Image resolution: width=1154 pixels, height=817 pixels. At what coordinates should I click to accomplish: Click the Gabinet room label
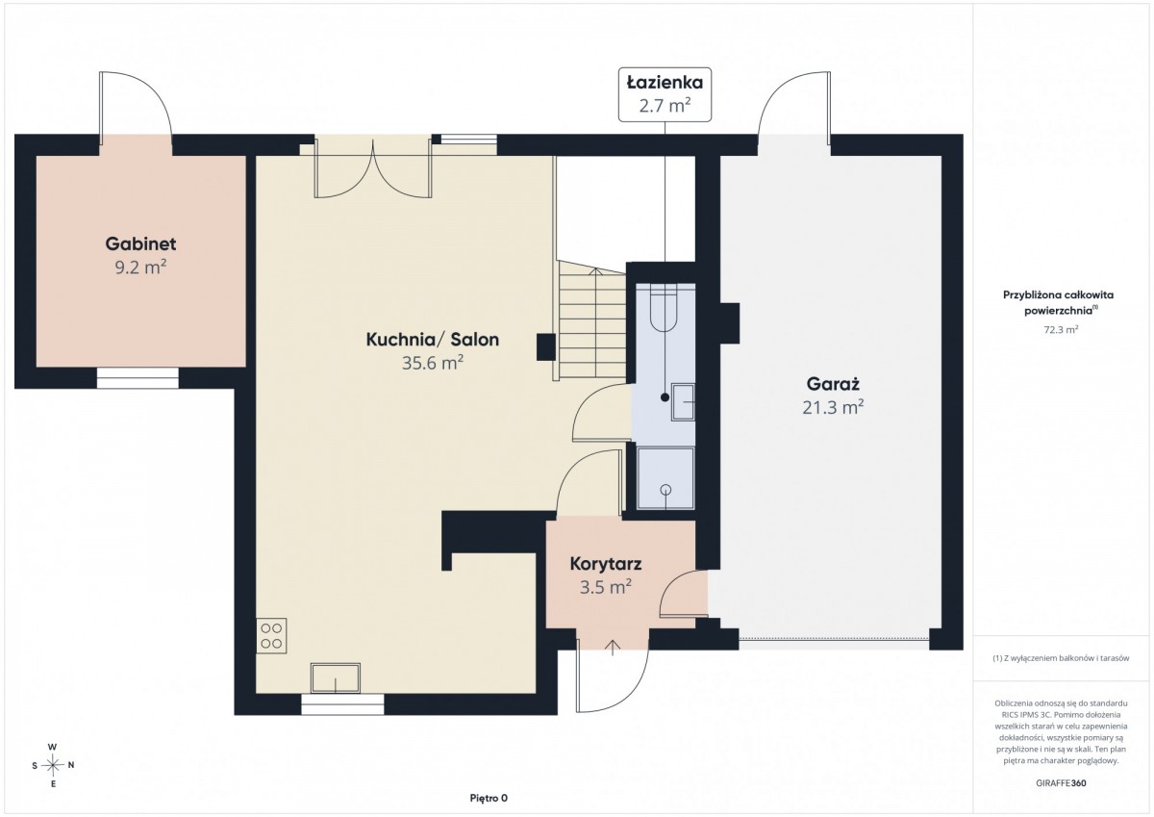pos(140,243)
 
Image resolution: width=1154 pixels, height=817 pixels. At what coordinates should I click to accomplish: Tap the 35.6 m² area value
pos(432,364)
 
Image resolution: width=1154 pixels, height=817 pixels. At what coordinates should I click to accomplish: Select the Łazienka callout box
pos(665,94)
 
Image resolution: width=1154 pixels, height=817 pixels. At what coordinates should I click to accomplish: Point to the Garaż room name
pos(833,384)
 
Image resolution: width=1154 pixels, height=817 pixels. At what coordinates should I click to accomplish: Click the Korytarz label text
pos(606,564)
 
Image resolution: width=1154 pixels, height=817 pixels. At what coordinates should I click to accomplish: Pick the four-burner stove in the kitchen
pos(271,636)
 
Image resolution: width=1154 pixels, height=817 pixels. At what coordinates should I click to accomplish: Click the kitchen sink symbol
pos(335,678)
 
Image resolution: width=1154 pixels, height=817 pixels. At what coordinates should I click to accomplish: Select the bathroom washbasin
pos(683,402)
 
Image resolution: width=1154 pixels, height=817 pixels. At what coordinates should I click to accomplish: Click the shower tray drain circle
pos(666,489)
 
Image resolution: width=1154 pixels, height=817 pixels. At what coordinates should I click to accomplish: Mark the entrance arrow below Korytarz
pos(613,647)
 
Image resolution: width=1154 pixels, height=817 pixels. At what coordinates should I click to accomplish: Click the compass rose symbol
pos(53,765)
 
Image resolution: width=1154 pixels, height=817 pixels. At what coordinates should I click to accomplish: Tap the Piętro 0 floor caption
pos(489,798)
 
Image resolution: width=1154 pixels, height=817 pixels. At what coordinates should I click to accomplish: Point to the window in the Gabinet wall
pos(138,378)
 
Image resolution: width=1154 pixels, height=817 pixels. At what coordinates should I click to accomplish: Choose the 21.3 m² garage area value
pos(833,408)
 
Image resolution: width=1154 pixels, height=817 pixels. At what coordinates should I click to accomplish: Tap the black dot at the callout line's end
pos(665,397)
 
